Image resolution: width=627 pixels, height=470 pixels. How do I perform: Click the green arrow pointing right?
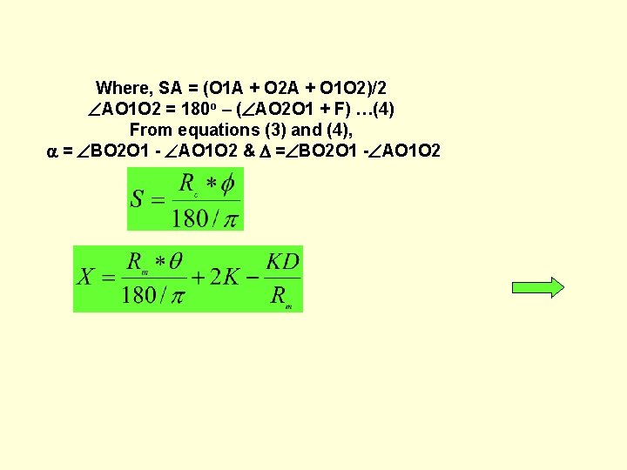click(x=538, y=288)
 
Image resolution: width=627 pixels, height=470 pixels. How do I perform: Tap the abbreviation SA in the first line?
click(x=170, y=88)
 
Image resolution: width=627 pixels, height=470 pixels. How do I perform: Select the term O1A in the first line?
click(x=225, y=88)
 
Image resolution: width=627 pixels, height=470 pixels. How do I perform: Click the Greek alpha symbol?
click(x=52, y=151)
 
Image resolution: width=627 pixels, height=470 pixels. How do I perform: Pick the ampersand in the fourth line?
click(x=249, y=151)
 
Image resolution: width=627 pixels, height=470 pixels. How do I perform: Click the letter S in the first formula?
click(x=138, y=198)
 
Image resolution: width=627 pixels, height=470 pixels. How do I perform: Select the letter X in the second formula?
click(x=85, y=277)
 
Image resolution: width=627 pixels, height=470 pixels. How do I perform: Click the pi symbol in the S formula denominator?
click(x=230, y=218)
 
